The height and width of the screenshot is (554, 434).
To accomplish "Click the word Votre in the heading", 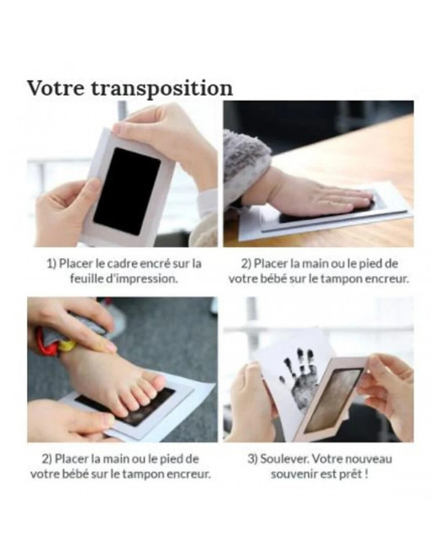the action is pyautogui.click(x=56, y=88).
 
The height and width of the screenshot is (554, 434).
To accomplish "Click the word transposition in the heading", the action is pyautogui.click(x=162, y=90).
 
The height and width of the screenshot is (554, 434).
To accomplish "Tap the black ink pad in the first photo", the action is pyautogui.click(x=127, y=191).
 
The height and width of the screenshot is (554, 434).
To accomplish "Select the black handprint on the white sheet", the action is pyautogui.click(x=303, y=378).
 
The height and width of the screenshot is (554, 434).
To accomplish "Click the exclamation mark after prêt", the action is pyautogui.click(x=366, y=474).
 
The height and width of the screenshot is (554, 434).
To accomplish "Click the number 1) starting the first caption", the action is pyautogui.click(x=52, y=264).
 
